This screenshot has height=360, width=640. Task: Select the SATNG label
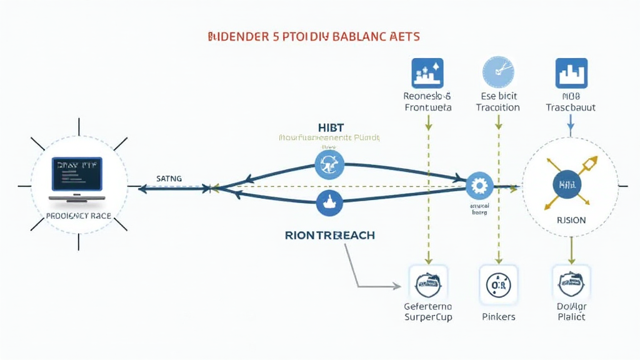(169, 179)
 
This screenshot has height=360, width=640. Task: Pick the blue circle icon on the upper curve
(329, 166)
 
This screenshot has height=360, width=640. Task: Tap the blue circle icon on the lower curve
(329, 202)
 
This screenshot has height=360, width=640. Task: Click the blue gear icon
(479, 186)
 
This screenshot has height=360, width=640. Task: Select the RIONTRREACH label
(329, 236)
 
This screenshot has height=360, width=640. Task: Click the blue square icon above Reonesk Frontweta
(427, 73)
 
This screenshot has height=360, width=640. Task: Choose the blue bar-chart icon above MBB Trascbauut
(571, 73)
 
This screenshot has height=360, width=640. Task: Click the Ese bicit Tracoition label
(498, 102)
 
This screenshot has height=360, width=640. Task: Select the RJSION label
(571, 220)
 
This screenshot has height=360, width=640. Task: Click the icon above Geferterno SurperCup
(428, 285)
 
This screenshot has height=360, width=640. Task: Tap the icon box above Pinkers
(499, 285)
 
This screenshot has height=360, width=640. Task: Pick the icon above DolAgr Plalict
(571, 285)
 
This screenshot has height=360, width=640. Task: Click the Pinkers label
(499, 317)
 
